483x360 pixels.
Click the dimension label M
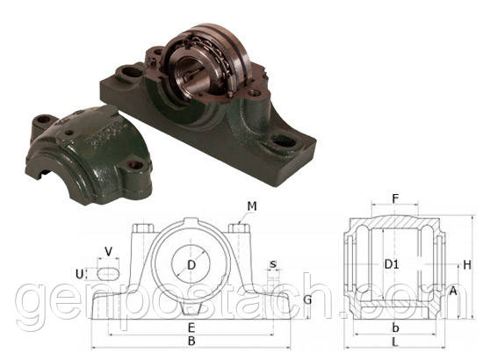coord(252,206)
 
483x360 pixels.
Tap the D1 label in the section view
coord(393,263)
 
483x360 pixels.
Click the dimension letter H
coord(467,264)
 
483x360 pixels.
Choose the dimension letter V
coord(108,252)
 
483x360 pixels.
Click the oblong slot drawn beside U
coord(106,273)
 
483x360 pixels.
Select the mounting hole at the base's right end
coord(284,139)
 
